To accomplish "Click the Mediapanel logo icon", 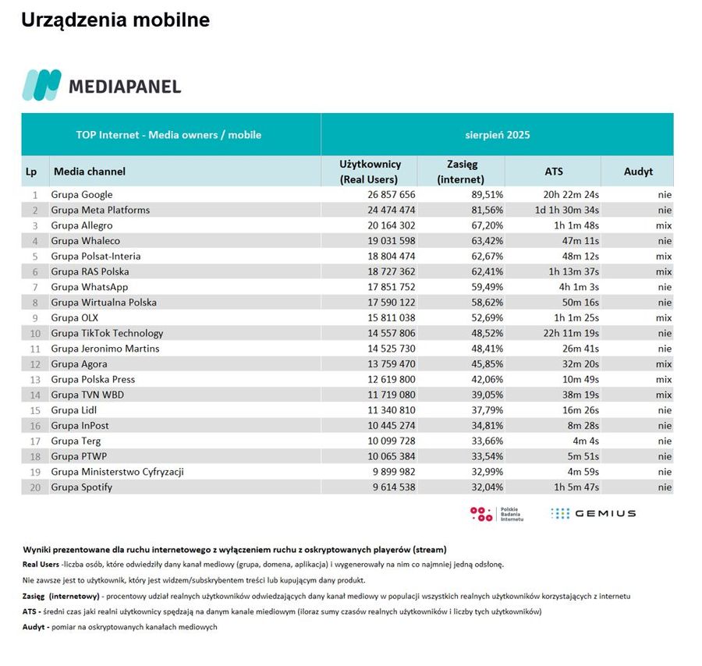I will coord(41,85).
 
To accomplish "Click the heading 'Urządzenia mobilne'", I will coord(115,20).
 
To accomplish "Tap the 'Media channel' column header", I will coord(90,171).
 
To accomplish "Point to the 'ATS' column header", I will coord(554,171).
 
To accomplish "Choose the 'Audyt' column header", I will coord(638,171).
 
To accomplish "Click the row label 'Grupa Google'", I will coord(82,194).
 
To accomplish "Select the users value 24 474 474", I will coord(388,210).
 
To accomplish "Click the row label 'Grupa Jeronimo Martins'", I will coord(105,349).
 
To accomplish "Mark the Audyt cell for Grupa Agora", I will coord(663,364).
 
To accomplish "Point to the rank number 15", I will coord(35,410).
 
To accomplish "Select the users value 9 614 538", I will coord(388,487).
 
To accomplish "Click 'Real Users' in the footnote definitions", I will coord(41,564).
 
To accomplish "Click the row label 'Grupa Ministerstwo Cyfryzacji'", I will coord(117,472).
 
